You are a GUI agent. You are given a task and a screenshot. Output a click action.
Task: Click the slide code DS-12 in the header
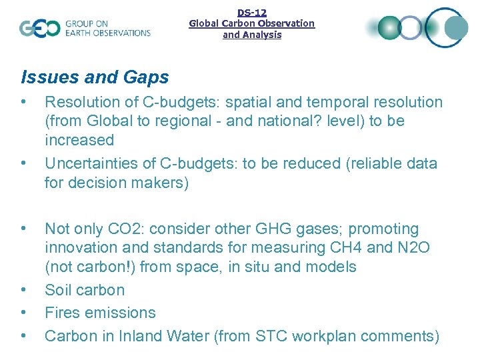click(251, 12)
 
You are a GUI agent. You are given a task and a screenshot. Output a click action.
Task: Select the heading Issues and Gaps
click(95, 77)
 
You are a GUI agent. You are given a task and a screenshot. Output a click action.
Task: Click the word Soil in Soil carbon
click(58, 290)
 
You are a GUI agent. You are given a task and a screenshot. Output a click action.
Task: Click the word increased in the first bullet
click(79, 140)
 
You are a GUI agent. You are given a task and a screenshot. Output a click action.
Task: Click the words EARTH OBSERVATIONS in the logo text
click(108, 33)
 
